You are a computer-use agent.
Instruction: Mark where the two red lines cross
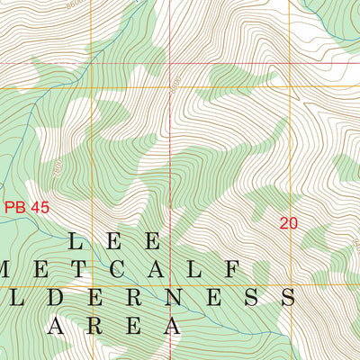point(170,64)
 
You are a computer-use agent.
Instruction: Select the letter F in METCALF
point(230,269)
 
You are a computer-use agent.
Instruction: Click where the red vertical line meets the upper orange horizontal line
point(170,87)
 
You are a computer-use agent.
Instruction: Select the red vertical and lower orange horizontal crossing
point(170,284)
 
